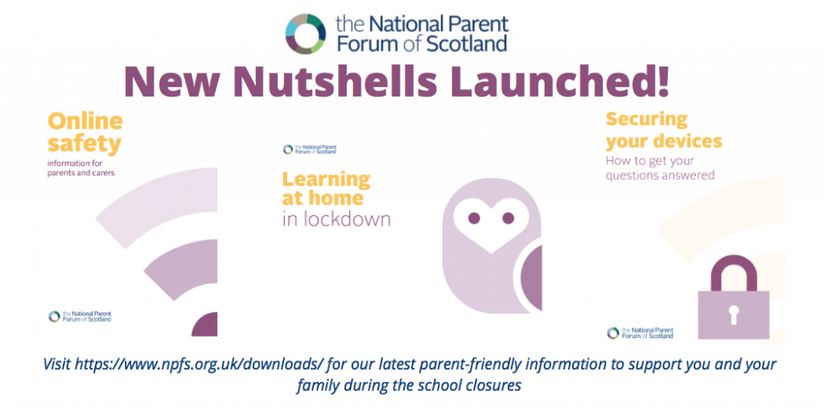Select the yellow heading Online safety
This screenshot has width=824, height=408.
[x=85, y=132]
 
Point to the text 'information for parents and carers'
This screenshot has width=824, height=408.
[x=81, y=167]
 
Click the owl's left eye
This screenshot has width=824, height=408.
[x=474, y=217]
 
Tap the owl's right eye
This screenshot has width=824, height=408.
[x=509, y=217]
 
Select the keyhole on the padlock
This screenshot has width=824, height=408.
[x=733, y=314]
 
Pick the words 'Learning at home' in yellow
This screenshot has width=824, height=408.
[x=326, y=188]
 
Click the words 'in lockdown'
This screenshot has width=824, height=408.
[x=336, y=219]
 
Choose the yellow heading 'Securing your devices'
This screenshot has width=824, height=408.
[x=664, y=130]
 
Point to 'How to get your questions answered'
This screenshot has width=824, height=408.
[x=660, y=168]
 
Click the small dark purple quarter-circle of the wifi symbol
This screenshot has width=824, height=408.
[x=205, y=324]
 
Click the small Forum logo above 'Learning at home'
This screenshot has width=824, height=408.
[x=310, y=150]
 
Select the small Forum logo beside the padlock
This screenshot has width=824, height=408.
[x=640, y=332]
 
